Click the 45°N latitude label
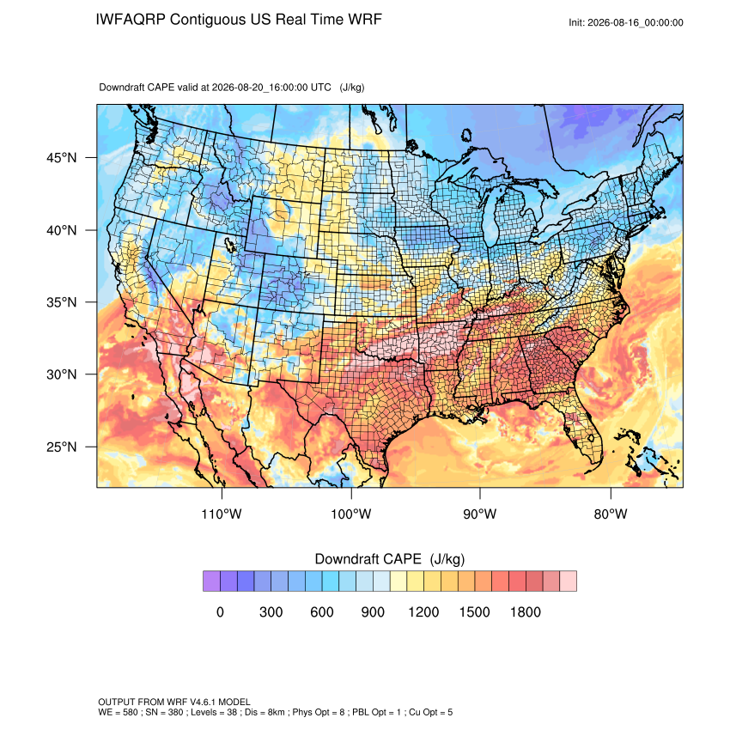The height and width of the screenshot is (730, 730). coord(62,158)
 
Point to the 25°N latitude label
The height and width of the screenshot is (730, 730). coord(62,447)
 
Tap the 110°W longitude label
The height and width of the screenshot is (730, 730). coord(222,514)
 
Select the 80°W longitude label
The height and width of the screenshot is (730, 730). coord(611,514)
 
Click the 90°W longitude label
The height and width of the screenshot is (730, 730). coord(479,514)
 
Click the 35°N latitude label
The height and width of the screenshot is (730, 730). coord(62,302)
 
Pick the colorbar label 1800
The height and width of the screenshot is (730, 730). coord(525,611)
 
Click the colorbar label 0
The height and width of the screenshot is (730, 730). coord(220,611)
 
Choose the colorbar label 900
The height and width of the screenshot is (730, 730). coord(373,611)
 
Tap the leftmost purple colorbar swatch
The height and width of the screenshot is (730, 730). coord(211,581)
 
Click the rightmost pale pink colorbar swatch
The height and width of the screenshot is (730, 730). coord(568,581)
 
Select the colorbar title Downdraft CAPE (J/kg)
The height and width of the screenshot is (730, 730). coord(390,559)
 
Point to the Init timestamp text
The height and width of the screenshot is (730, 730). coord(626,23)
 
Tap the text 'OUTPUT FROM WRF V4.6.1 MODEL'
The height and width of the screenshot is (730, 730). coord(174,702)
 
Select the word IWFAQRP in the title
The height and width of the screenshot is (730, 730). coord(131,20)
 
